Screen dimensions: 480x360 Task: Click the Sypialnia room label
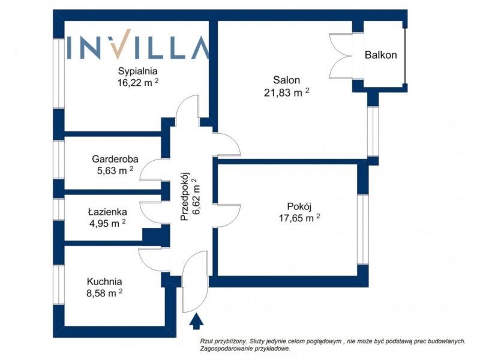pyautogui.click(x=138, y=71)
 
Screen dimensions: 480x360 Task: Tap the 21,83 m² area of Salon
pyautogui.click(x=286, y=92)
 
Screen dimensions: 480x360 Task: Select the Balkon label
pyautogui.click(x=381, y=55)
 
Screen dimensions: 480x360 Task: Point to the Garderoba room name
pyautogui.click(x=115, y=159)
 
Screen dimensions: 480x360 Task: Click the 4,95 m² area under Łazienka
pyautogui.click(x=107, y=223)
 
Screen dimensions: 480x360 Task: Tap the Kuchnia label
pyautogui.click(x=104, y=281)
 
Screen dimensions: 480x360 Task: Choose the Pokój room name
pyautogui.click(x=299, y=206)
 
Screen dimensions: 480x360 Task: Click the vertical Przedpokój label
pyautogui.click(x=185, y=196)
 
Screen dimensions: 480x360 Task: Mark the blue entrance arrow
pyautogui.click(x=196, y=321)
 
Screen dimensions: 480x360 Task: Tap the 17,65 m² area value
pyautogui.click(x=299, y=218)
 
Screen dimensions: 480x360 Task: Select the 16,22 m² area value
pyautogui.click(x=138, y=82)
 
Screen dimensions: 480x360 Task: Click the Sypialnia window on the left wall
pyautogui.click(x=58, y=73)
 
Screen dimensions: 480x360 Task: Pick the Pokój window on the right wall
pyautogui.click(x=363, y=229)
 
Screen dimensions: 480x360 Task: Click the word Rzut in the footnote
pyautogui.click(x=206, y=341)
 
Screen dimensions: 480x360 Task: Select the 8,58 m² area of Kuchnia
pyautogui.click(x=104, y=293)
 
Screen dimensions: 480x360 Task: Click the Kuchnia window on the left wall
pyautogui.click(x=58, y=285)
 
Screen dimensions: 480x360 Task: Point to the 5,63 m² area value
pyautogui.click(x=115, y=170)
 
